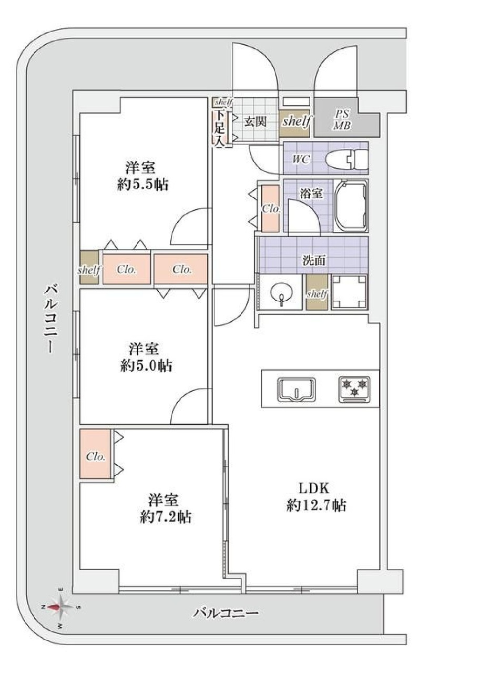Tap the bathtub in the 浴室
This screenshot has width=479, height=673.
[x=351, y=206]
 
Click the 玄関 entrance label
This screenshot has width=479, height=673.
[x=256, y=121]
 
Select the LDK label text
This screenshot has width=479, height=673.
[x=314, y=489]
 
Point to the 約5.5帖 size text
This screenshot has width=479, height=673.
[x=142, y=185]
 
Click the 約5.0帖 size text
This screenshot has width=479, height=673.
[x=146, y=366]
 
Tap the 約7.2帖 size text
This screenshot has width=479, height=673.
[x=166, y=518]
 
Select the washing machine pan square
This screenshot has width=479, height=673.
[x=350, y=292]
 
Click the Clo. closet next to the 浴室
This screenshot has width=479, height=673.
[x=271, y=208]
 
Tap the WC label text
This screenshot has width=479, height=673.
[x=301, y=159]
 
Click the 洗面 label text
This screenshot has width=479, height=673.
[x=313, y=260]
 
